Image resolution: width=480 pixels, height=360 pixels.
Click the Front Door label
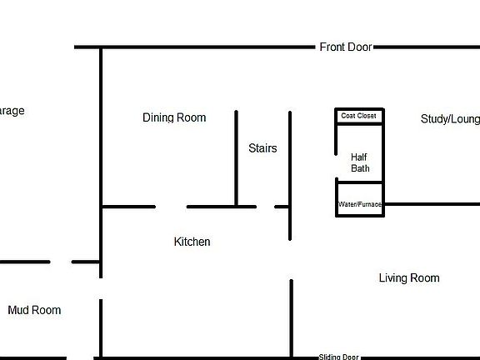[345, 47]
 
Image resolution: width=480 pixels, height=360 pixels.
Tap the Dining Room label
[174, 117]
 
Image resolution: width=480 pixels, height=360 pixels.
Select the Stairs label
[262, 148]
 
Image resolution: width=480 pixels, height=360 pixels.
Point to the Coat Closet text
[359, 116]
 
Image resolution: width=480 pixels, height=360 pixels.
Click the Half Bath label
[360, 162]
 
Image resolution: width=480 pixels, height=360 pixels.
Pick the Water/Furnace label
[360, 204]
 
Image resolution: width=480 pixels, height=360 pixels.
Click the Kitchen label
[192, 242]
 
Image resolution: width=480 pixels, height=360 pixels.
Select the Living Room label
[408, 277]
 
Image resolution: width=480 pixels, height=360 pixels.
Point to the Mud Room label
[34, 310]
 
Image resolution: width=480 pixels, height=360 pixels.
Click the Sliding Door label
[338, 357]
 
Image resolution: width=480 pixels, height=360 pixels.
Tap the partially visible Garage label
[12, 111]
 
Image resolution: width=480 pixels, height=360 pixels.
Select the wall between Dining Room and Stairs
[236, 158]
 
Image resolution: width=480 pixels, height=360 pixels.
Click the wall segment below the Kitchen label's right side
[291, 317]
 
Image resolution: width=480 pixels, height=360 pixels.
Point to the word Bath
[360, 168]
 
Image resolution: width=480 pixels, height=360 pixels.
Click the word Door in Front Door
[359, 47]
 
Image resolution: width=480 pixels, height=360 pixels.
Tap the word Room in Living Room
[424, 277]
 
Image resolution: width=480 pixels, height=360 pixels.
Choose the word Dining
[158, 117]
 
